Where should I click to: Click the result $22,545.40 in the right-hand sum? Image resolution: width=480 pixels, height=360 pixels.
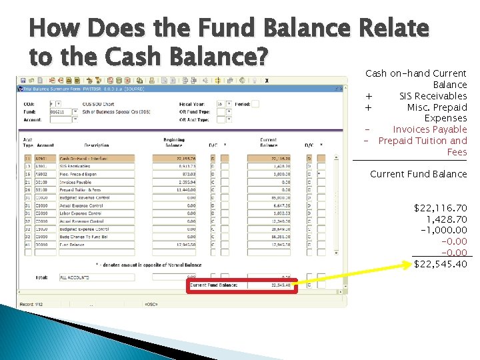tap(441, 264)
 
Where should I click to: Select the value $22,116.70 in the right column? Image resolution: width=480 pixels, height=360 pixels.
tap(441, 209)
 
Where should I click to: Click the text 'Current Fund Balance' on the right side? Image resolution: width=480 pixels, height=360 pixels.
tap(418, 174)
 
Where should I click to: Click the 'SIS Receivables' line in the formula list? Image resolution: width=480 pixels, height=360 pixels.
tap(433, 96)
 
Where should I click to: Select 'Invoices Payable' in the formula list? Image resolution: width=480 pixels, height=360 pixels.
tap(430, 129)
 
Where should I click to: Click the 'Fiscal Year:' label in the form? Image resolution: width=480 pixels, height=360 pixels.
tap(192, 104)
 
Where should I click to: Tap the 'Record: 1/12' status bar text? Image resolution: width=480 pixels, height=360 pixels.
tap(36, 304)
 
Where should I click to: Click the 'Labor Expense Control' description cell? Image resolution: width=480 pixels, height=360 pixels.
tap(84, 213)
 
